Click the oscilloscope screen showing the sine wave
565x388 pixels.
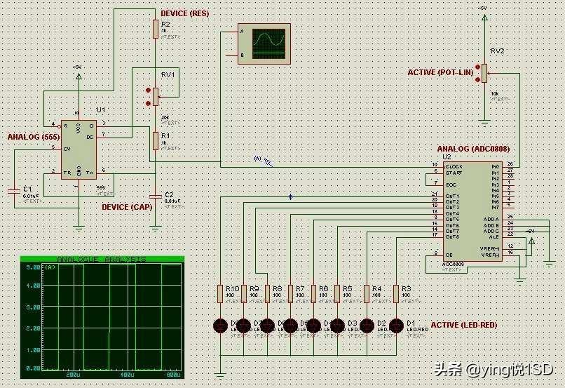click(x=269, y=44)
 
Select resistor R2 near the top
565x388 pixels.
click(x=156, y=29)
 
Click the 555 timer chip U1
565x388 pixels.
click(x=79, y=149)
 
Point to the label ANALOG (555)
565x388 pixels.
click(x=33, y=136)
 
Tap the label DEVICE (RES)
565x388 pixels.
click(x=184, y=14)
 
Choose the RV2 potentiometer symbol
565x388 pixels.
click(x=484, y=73)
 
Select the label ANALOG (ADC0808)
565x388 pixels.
click(x=473, y=149)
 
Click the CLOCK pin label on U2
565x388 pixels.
click(x=454, y=166)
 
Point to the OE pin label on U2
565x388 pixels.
click(x=449, y=253)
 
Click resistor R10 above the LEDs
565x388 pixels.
click(x=221, y=293)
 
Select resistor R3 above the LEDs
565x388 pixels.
click(x=396, y=293)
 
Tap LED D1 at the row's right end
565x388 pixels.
click(x=396, y=325)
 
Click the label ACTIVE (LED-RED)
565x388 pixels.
click(x=463, y=326)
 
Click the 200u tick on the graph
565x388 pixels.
click(x=73, y=375)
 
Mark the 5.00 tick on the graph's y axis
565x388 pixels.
click(x=32, y=267)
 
